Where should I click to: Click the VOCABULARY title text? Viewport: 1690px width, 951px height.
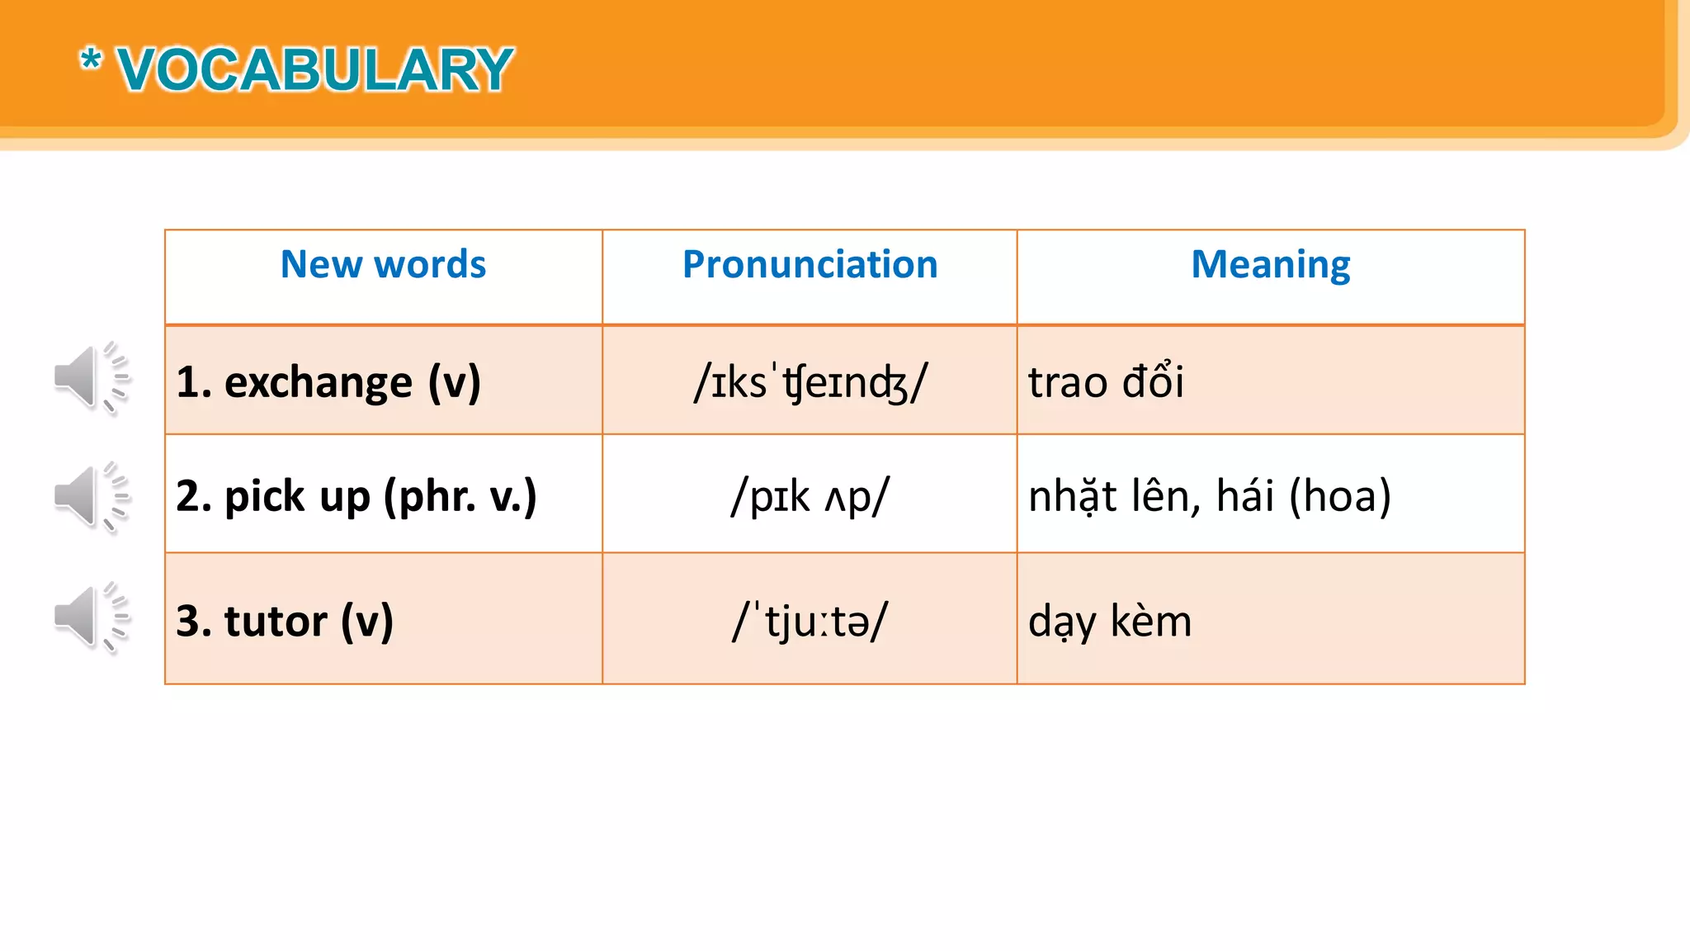pos(315,70)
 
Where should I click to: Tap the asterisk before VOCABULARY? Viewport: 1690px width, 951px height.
pos(91,60)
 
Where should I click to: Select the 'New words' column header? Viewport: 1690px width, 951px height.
pos(383,265)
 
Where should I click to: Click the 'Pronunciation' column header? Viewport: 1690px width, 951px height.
pos(810,265)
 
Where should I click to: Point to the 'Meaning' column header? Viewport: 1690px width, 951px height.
pos(1270,265)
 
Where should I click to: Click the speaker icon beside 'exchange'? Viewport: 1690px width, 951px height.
pos(91,378)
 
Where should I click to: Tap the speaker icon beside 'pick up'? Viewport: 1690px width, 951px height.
pos(91,497)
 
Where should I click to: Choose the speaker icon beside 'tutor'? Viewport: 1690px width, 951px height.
pos(91,617)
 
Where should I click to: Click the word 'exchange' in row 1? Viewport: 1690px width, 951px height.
pos(318,382)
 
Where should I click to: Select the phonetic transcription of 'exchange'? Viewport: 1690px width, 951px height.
pos(810,382)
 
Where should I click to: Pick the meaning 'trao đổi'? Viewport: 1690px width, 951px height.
pos(1106,382)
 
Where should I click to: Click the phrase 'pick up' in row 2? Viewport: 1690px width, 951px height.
pos(297,497)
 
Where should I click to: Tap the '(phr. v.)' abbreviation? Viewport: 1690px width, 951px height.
pos(460,497)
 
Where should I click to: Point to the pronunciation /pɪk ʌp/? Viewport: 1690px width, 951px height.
pos(810,497)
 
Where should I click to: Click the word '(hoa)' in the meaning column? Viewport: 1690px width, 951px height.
pos(1340,497)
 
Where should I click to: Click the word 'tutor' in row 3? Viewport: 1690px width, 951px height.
pos(276,621)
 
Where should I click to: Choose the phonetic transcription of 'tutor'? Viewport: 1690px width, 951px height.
pos(810,621)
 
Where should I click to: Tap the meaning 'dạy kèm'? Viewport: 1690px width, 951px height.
pos(1110,621)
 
